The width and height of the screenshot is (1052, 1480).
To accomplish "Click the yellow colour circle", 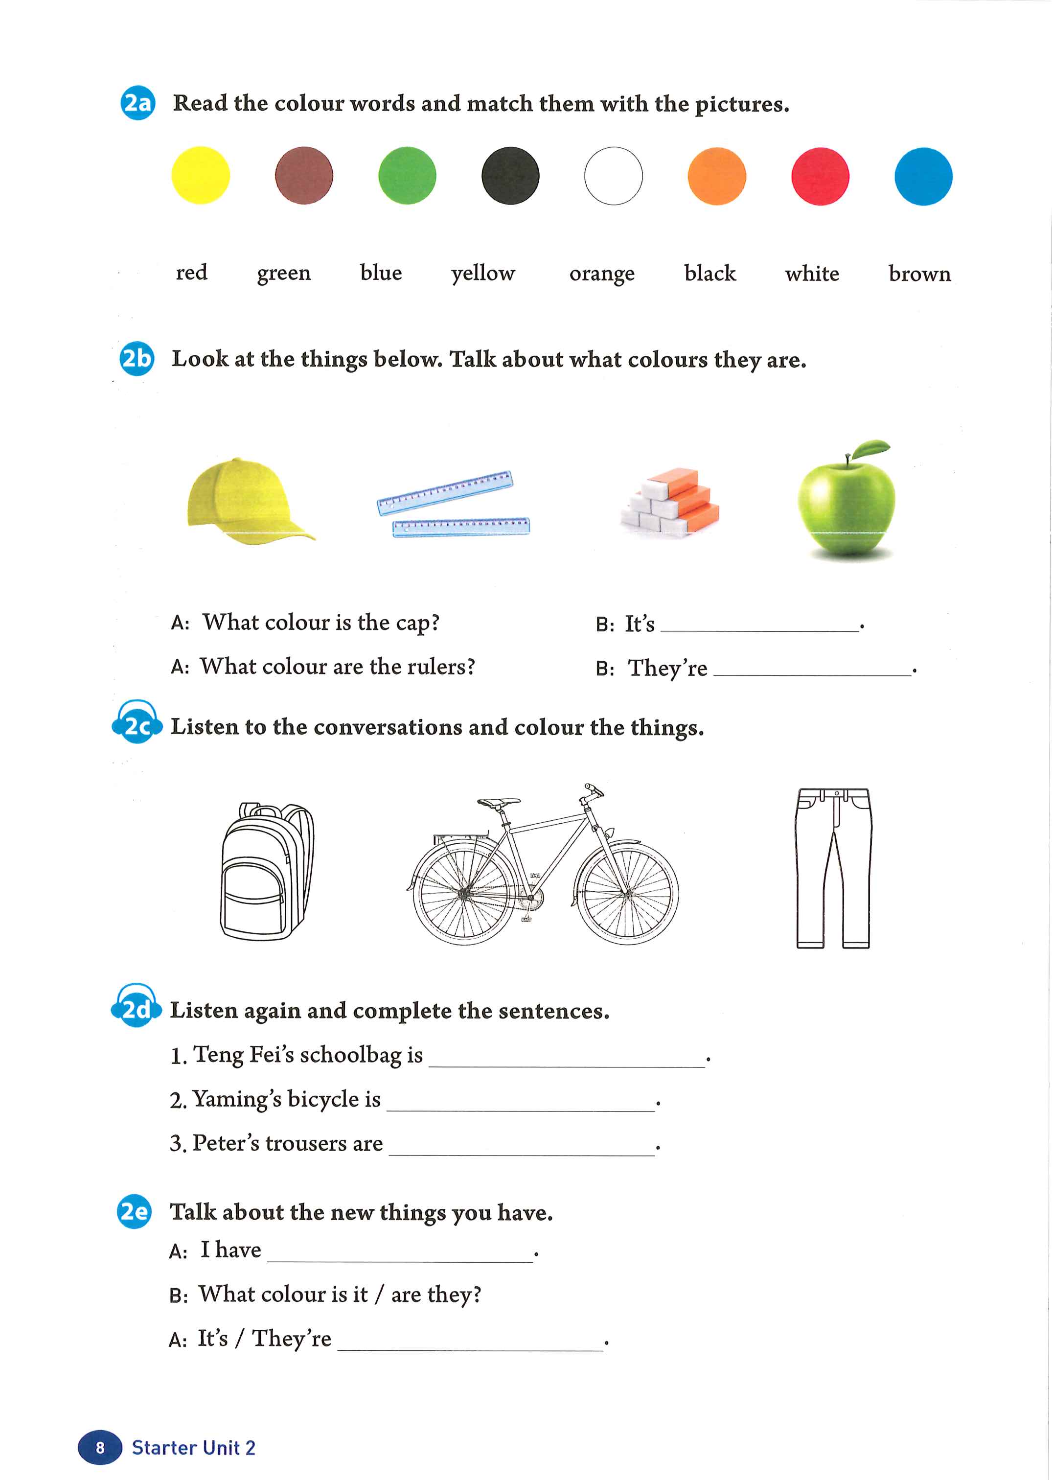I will point(200,176).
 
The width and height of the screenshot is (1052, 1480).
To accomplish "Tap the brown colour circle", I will point(304,176).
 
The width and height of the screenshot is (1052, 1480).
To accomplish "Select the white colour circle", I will point(614,176).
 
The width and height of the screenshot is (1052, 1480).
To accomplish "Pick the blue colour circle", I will point(923,176).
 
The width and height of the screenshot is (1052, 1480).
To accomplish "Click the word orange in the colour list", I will point(602,274).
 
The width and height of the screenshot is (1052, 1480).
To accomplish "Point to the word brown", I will point(919,274).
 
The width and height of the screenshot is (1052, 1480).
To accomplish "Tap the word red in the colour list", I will point(192,272).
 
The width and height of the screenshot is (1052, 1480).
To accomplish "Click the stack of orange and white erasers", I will point(670,502).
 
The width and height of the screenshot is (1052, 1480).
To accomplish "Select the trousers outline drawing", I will point(833,868).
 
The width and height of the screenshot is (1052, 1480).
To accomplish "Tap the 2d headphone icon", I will point(136,1008).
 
